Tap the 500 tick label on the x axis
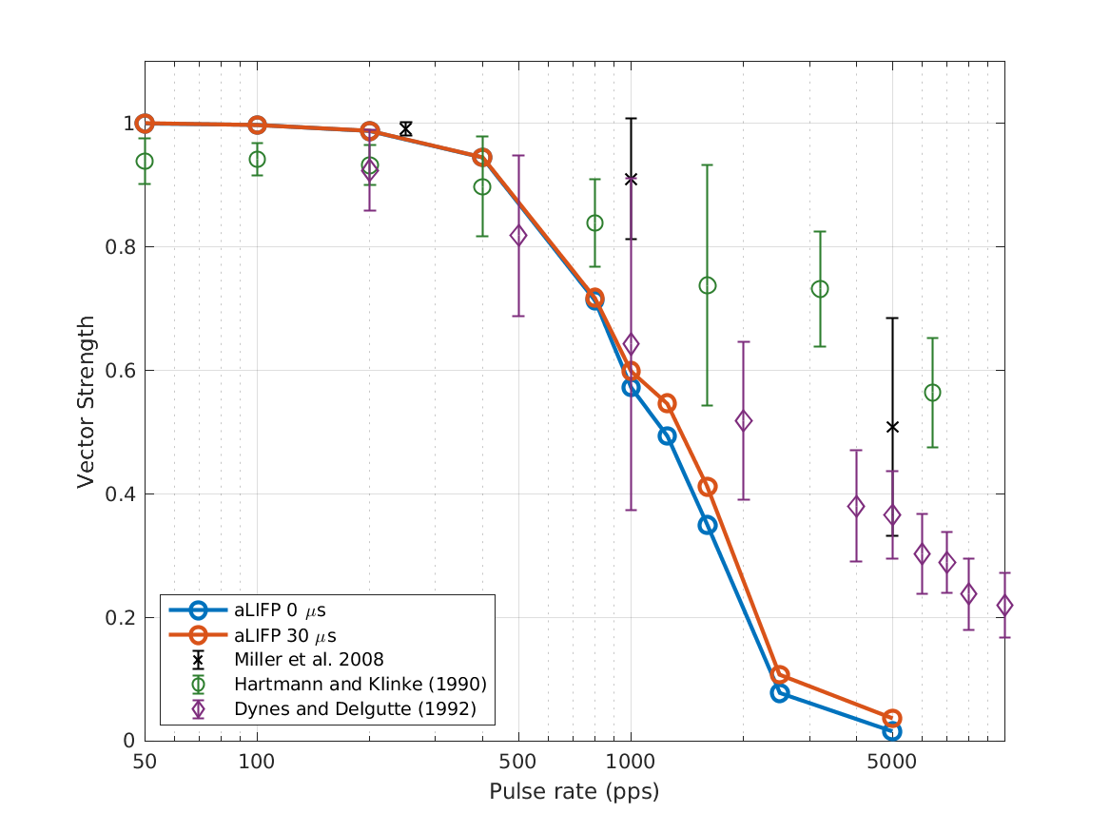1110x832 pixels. (518, 762)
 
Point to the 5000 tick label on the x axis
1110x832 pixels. (891, 762)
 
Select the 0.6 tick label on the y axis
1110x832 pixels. (122, 371)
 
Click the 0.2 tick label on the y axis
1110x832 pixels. (122, 618)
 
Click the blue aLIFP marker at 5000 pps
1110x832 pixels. (892, 731)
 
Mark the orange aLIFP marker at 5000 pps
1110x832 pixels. (892, 719)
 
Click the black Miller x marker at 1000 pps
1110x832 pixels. (631, 179)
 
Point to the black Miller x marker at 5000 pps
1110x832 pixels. (892, 427)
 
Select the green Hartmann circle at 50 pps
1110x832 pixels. (145, 162)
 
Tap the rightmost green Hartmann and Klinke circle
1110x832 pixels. (932, 393)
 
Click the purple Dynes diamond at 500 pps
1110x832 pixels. (518, 236)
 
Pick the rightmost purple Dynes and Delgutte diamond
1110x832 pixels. (1004, 606)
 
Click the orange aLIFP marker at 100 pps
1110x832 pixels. (257, 125)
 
